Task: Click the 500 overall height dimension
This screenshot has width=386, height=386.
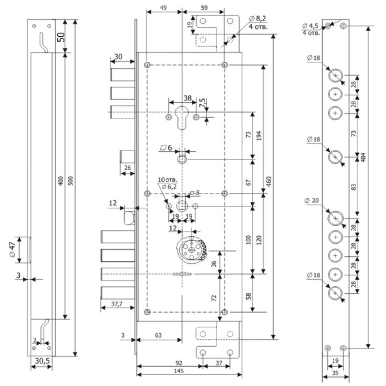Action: [x=70, y=181]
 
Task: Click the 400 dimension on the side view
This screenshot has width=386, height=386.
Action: [x=61, y=181]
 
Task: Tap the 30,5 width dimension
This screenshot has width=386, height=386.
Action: [x=42, y=361]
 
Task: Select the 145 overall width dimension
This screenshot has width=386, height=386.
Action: [x=179, y=371]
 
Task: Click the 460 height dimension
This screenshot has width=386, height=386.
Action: [x=269, y=181]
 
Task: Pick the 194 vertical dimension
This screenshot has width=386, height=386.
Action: [x=259, y=135]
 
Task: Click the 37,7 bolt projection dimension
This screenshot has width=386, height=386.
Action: [x=117, y=304]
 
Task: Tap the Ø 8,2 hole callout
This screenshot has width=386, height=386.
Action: [x=258, y=22]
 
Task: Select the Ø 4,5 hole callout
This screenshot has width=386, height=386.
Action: [x=311, y=29]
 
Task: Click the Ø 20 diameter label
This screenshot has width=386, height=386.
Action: [x=312, y=201]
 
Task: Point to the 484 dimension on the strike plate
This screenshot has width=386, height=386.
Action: [x=363, y=157]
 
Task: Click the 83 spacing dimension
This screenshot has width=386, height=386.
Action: [x=353, y=187]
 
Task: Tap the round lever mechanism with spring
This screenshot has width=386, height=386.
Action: [x=191, y=250]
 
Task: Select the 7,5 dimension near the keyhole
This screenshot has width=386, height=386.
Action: [x=202, y=102]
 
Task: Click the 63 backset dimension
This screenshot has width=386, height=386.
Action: [x=158, y=335]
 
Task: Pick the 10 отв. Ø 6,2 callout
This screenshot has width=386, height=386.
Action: [x=168, y=183]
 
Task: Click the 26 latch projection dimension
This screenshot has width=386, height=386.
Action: [x=127, y=168]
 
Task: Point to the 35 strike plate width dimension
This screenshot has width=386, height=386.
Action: [x=335, y=373]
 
